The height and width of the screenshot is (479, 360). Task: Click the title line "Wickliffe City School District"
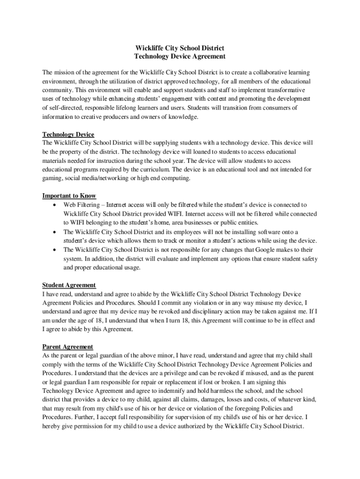click(180, 48)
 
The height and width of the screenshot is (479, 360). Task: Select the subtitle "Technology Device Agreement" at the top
click(180, 57)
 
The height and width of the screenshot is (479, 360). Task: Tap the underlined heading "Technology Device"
click(68, 135)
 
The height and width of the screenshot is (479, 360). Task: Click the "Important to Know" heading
click(69, 196)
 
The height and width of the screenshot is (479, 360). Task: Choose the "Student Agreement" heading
click(69, 285)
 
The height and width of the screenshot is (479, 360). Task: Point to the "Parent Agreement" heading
click(68, 347)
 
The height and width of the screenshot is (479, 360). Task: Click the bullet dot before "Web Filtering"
click(56, 205)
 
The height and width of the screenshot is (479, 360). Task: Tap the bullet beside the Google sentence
click(56, 250)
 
